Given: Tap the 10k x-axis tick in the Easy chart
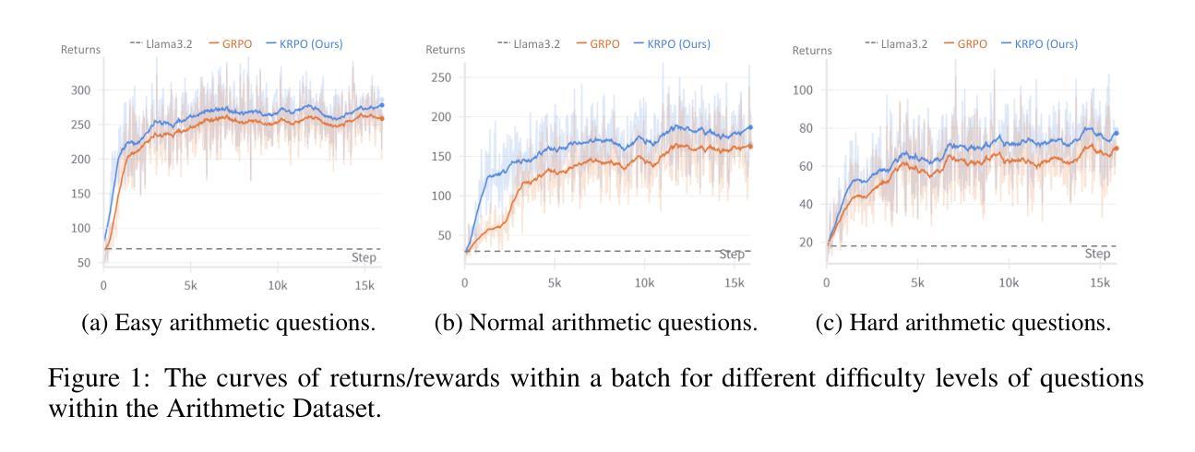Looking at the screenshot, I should (278, 285).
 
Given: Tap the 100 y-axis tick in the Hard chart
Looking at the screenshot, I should (803, 90).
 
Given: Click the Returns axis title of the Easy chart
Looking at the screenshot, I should (80, 50).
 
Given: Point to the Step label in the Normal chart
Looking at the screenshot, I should (732, 255).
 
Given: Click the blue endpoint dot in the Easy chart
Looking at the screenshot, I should (381, 105).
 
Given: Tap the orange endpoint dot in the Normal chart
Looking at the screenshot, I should (749, 146).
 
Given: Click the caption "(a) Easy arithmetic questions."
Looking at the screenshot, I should (229, 324).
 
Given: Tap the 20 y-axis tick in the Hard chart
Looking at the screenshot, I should (807, 242).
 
